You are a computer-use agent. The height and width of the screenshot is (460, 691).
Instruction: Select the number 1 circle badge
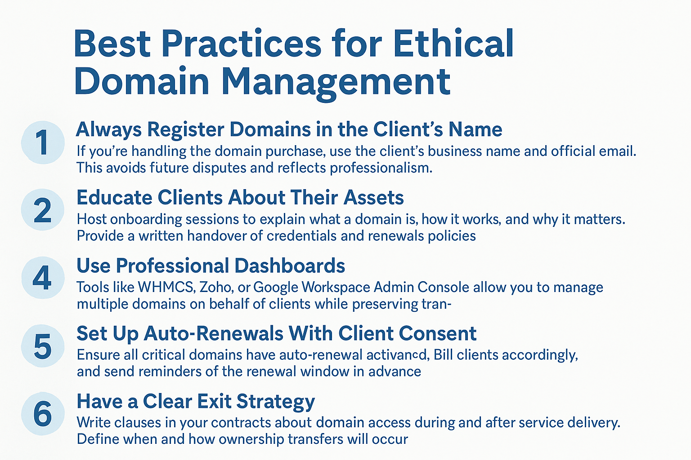point(43,142)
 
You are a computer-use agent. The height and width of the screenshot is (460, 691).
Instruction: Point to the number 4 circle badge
point(43,278)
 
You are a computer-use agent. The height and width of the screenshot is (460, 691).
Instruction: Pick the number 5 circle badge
point(43,346)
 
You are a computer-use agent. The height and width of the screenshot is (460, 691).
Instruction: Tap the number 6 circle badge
point(43,414)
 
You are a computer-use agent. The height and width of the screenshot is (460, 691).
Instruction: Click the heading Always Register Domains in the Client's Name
point(289,129)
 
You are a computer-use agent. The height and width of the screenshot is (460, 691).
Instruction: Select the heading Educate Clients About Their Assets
point(240,197)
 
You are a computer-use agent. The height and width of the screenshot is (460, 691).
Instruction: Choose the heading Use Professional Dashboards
point(211,265)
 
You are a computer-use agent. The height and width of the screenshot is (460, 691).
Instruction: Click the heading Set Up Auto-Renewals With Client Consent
point(276,333)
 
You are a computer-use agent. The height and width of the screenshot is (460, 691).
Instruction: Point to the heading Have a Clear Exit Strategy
point(196,402)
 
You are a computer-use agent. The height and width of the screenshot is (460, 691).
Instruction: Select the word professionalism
point(381,168)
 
